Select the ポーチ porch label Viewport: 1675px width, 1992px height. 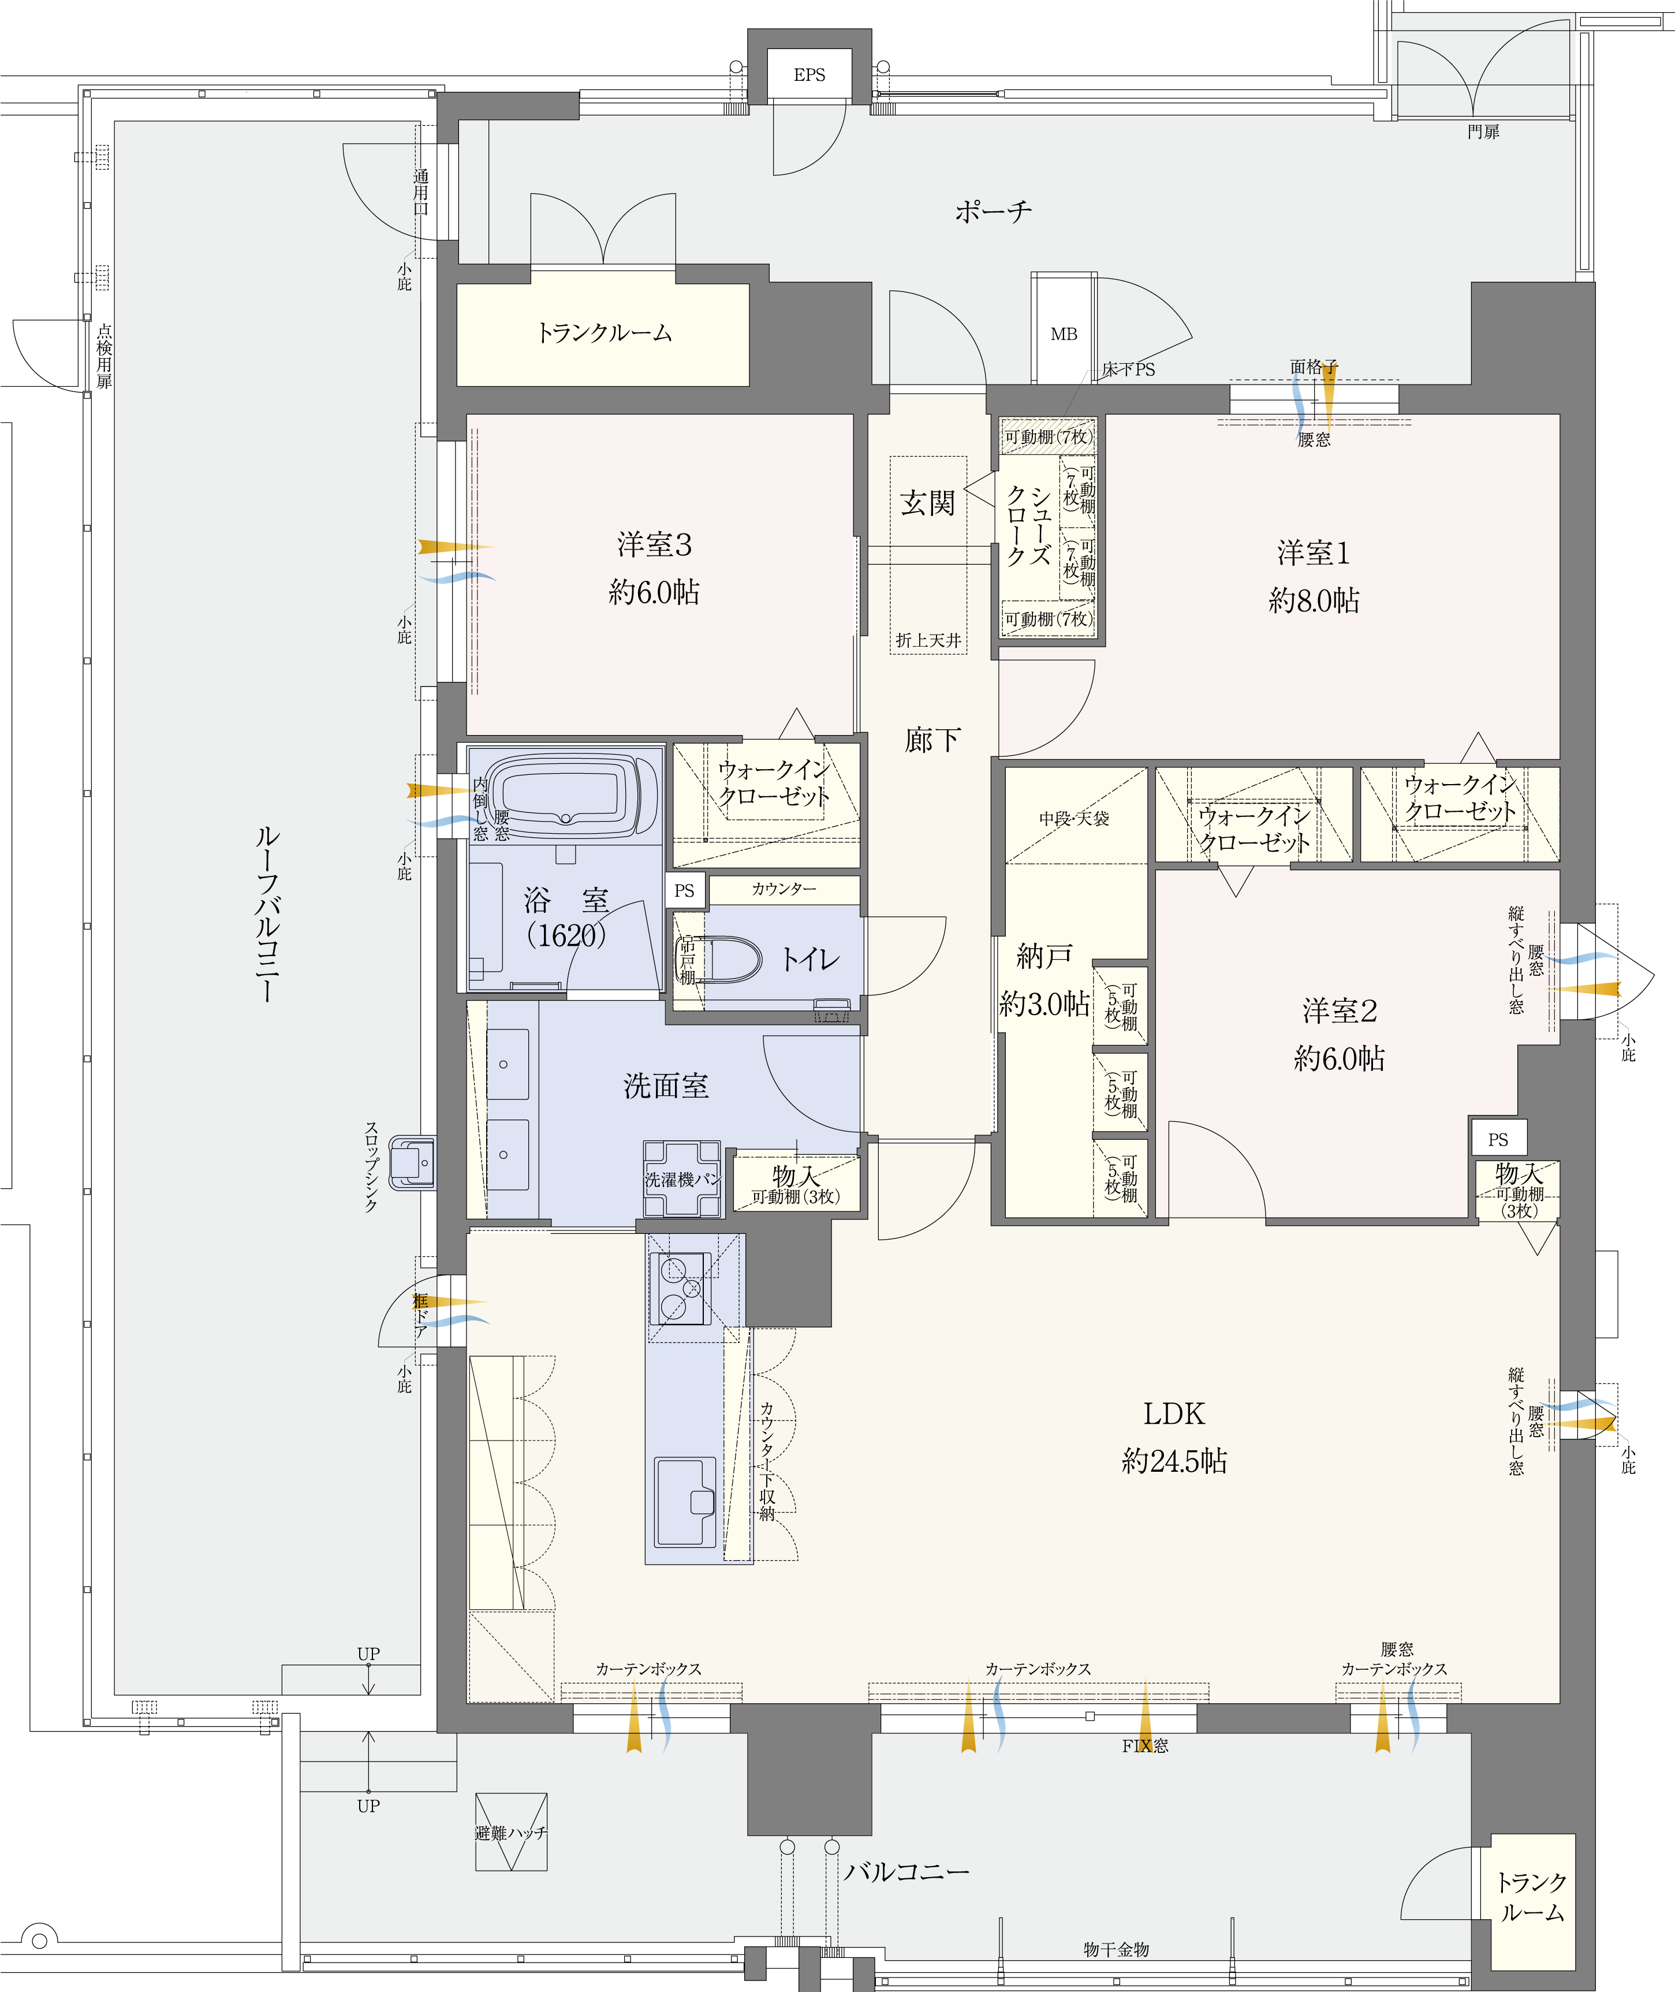(993, 211)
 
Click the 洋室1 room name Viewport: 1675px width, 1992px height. (1313, 553)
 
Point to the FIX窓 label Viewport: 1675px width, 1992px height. (1145, 1745)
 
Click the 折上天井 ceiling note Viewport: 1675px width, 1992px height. (928, 641)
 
